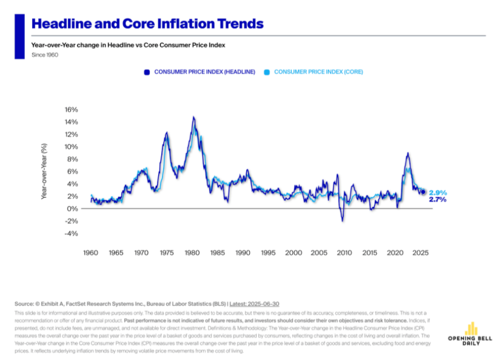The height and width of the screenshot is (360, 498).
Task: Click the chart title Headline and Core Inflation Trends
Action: (147, 24)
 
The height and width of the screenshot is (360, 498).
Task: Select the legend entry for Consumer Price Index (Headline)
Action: (200, 72)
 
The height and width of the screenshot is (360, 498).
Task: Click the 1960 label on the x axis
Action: (90, 253)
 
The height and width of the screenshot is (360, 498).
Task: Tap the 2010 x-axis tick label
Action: (344, 253)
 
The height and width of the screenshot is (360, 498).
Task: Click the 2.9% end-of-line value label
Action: (437, 192)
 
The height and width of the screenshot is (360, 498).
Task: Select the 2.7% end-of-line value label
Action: (437, 200)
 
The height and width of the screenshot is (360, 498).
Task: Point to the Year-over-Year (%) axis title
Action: (44, 172)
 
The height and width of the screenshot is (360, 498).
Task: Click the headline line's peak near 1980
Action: (193, 117)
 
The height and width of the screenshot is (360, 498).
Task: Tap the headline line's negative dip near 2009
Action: (342, 221)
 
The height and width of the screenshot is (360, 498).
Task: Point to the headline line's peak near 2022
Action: (408, 153)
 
